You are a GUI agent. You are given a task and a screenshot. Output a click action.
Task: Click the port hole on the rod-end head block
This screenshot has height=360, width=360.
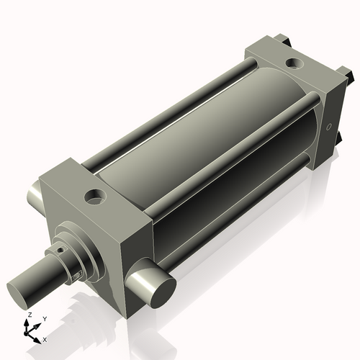pyautogui.click(x=94, y=195)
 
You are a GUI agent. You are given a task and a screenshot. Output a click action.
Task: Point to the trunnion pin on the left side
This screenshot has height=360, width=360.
pyautogui.click(x=36, y=194)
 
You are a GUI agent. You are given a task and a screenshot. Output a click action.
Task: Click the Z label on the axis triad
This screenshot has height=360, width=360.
pyautogui.click(x=29, y=315)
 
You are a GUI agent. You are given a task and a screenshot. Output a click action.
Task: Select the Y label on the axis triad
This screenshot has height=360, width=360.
pyautogui.click(x=44, y=318)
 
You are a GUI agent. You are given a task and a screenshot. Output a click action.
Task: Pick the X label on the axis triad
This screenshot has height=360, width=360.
pyautogui.click(x=45, y=338)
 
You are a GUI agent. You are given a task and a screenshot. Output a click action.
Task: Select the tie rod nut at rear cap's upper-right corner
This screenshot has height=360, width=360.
pyautogui.click(x=346, y=73)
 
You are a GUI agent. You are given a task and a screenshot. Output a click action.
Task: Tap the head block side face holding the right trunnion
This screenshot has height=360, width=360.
pyautogui.click(x=137, y=245)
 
